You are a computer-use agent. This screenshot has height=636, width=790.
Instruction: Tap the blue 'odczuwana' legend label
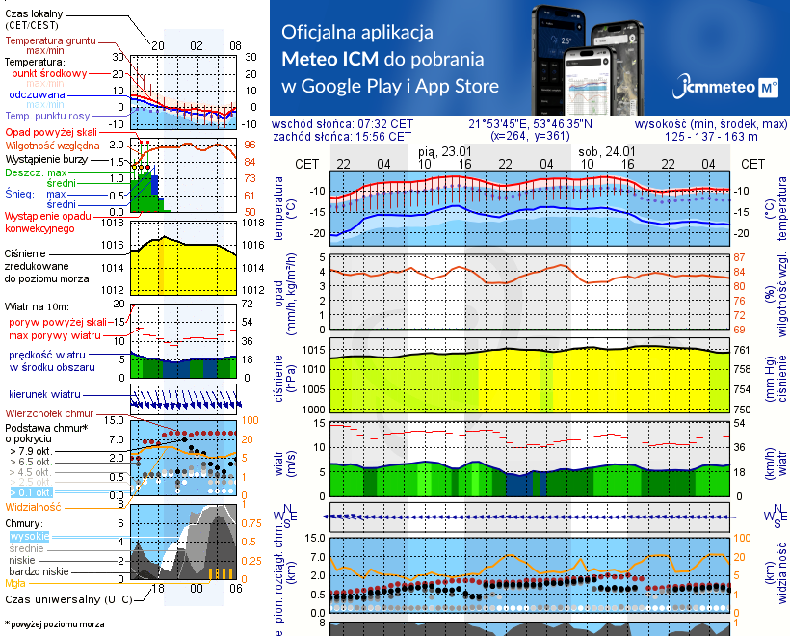click(37, 96)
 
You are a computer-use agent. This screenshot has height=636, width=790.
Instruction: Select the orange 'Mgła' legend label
click(15, 583)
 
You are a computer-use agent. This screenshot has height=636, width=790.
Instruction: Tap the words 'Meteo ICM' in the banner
click(329, 58)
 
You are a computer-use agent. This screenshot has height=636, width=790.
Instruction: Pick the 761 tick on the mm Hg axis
click(743, 350)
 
